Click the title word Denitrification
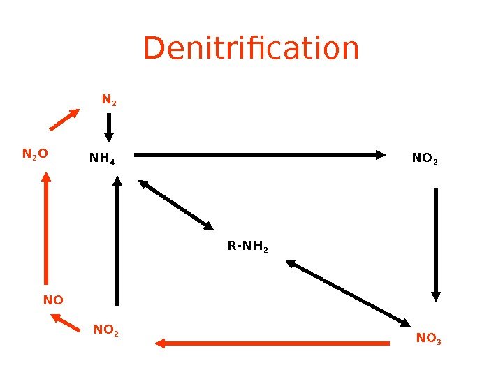coord(251,49)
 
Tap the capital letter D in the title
coord(154,49)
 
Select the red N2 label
coord(109,101)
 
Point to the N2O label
coord(35,154)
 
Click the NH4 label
coord(102,159)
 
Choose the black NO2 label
coord(425,159)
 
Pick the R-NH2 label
coord(248,246)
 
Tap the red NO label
coord(53,300)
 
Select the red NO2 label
coord(106,330)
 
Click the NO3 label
coord(428,339)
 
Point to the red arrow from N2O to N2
coord(64,119)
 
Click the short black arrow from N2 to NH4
coord(108,128)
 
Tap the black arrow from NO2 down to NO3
coord(436,244)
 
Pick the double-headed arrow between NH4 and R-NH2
coord(176,205)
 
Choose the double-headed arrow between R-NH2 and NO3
coord(348,293)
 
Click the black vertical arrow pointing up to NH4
coord(117,241)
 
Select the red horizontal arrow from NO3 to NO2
coord(272,343)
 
